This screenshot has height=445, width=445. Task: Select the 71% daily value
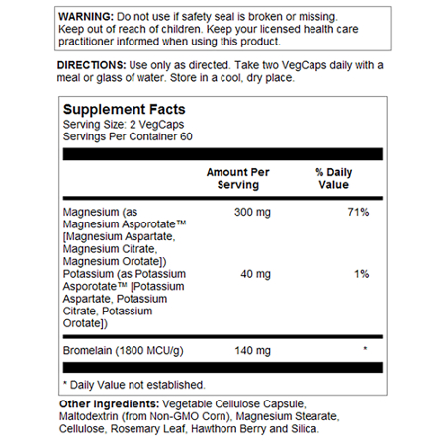358,212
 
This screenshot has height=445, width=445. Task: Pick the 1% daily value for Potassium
361,272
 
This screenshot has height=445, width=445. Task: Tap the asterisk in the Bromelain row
366,349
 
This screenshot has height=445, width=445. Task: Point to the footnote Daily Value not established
133,384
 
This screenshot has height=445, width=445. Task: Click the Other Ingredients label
109,403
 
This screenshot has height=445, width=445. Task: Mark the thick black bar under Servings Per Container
222,154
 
